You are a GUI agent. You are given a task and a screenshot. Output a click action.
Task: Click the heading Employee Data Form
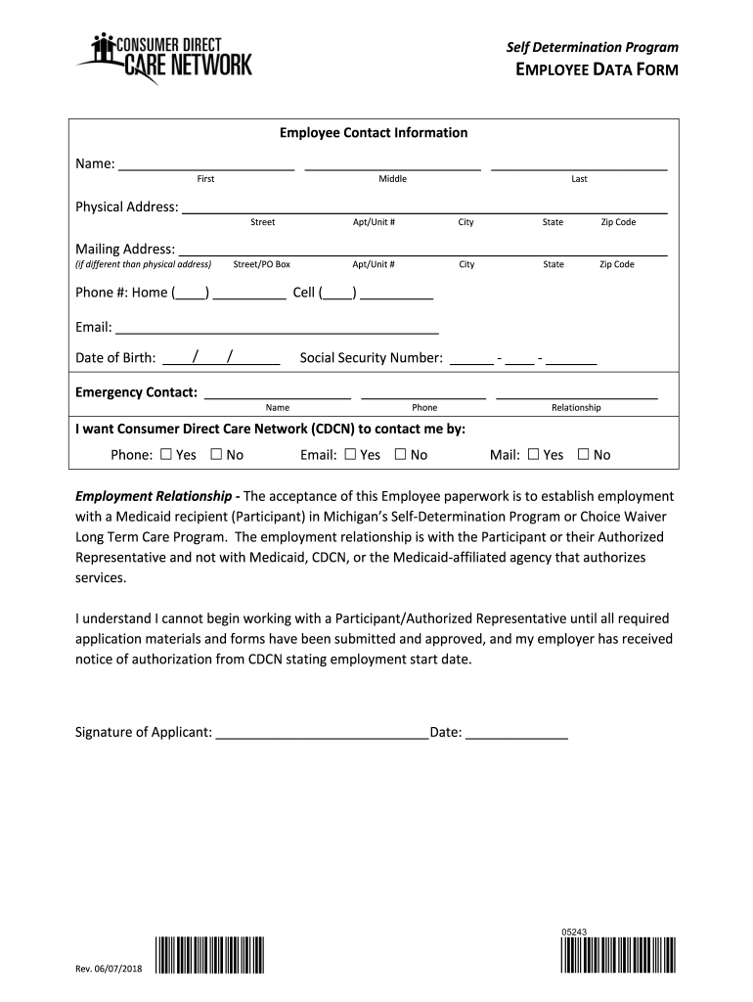597,69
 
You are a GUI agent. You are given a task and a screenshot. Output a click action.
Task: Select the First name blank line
205,165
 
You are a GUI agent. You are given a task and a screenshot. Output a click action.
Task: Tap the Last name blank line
579,165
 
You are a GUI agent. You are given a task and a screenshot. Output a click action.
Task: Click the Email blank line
277,328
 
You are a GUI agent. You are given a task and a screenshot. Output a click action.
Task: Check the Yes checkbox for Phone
165,454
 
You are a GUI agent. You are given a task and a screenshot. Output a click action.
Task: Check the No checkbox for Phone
216,454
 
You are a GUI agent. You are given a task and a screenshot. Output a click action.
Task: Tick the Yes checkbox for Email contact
349,454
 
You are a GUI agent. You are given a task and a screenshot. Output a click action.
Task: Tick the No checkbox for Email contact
400,454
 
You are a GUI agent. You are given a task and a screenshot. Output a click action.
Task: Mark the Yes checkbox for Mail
533,454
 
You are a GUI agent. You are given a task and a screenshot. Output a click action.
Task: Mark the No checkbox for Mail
584,454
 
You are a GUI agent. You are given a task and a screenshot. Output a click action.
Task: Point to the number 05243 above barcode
574,932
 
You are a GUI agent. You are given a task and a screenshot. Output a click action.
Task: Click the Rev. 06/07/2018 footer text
109,969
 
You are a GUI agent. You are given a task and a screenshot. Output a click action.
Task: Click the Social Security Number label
371,358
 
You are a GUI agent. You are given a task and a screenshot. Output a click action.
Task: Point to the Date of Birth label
115,358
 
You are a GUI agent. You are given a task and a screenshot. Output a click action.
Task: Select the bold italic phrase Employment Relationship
159,496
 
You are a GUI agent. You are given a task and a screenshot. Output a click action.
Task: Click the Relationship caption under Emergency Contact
576,407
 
